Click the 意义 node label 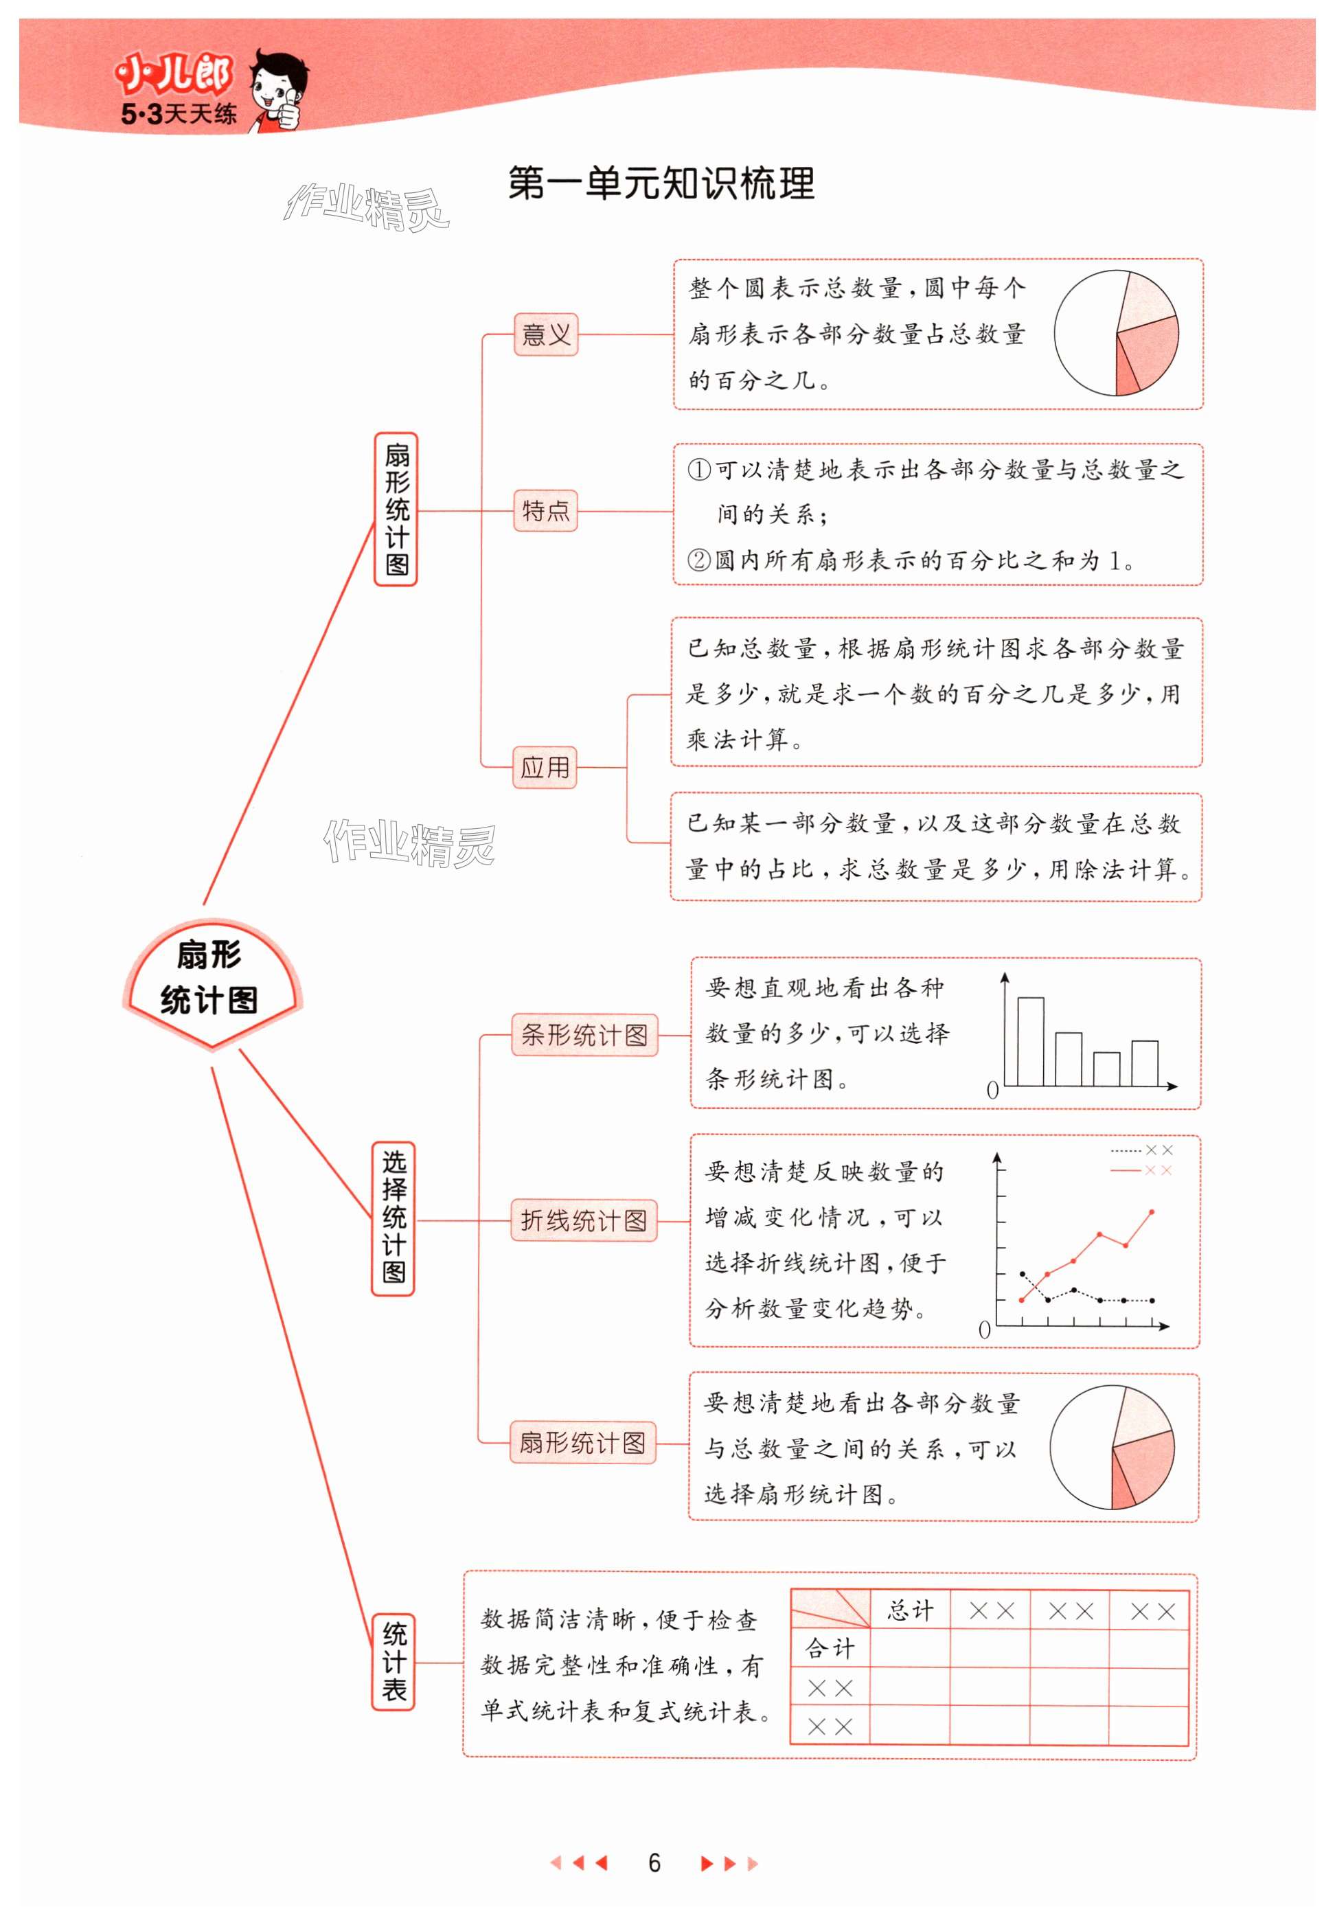tap(545, 334)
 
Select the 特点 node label tap(545, 510)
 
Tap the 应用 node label tap(545, 767)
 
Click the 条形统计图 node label tap(584, 1036)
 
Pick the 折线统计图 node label tap(583, 1220)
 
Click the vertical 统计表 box tap(393, 1662)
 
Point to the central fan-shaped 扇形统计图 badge tap(210, 979)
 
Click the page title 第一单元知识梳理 tap(661, 183)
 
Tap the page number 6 tap(654, 1862)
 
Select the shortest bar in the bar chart tap(1106, 1068)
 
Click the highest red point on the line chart tap(1152, 1212)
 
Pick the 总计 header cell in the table tap(909, 1610)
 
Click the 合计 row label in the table tap(830, 1648)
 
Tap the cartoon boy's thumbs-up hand tap(287, 111)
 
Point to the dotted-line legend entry tap(1142, 1151)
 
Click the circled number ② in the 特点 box tap(698, 560)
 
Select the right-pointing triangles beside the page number tap(729, 1862)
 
